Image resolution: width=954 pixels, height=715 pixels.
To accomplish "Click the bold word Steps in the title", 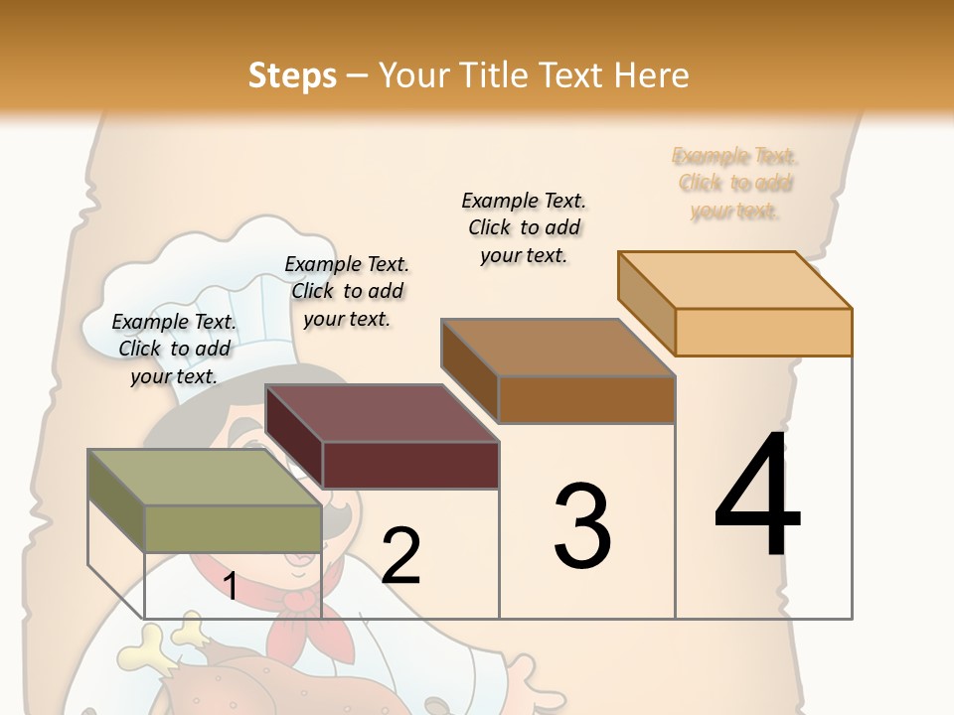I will [292, 75].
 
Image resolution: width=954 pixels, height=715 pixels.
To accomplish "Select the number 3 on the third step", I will [581, 525].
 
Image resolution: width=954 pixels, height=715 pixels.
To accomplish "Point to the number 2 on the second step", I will [400, 556].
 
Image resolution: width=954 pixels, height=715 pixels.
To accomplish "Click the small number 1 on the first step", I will [230, 587].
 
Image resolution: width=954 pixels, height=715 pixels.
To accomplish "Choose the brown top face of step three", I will [557, 347].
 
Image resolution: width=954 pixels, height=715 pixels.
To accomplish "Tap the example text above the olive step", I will [174, 349].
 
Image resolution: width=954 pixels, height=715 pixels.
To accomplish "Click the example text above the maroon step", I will [347, 291].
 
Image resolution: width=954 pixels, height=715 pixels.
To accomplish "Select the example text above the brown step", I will [524, 227].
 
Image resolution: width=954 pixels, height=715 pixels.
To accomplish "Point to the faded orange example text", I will [734, 184].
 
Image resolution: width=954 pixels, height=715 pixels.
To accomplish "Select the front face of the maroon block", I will [410, 465].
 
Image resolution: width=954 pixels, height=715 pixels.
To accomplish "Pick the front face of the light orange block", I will [763, 332].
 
